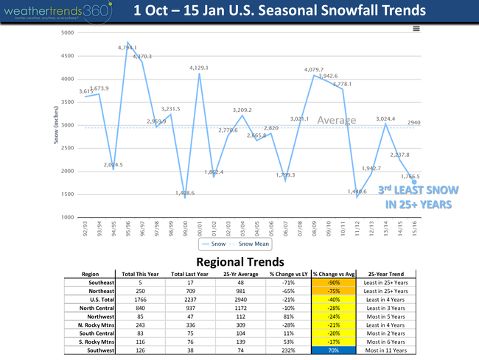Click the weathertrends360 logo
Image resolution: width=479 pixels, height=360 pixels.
57,11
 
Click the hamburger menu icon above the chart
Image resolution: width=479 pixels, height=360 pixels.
416,28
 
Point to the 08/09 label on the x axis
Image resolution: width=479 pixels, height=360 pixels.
315,227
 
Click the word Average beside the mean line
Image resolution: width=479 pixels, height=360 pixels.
336,120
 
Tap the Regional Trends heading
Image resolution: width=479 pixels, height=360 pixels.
240,261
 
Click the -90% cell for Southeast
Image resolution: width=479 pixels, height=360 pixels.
332,280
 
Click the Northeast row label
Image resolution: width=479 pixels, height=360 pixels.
98,288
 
